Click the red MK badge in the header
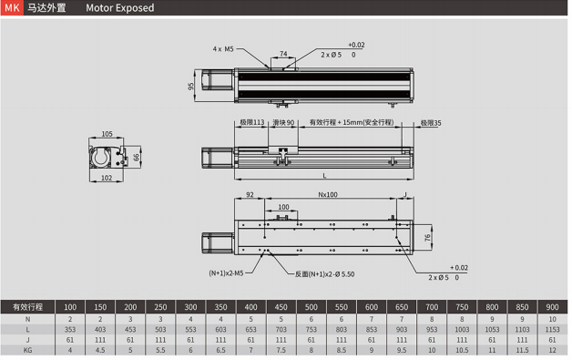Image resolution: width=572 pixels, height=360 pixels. point(12,7)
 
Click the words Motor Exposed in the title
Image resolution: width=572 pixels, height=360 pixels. point(120,7)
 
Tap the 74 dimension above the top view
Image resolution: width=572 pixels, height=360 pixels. point(283,54)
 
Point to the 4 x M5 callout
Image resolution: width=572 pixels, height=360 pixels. point(223,49)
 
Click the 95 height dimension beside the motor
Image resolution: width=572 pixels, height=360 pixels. point(190,87)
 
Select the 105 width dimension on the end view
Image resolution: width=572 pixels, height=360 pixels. point(107,134)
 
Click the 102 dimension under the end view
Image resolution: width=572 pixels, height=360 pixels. point(107,178)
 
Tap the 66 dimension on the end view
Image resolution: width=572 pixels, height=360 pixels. point(136,158)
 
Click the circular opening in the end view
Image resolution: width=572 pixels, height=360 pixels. point(100,158)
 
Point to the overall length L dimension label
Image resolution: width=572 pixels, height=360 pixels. point(324,176)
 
